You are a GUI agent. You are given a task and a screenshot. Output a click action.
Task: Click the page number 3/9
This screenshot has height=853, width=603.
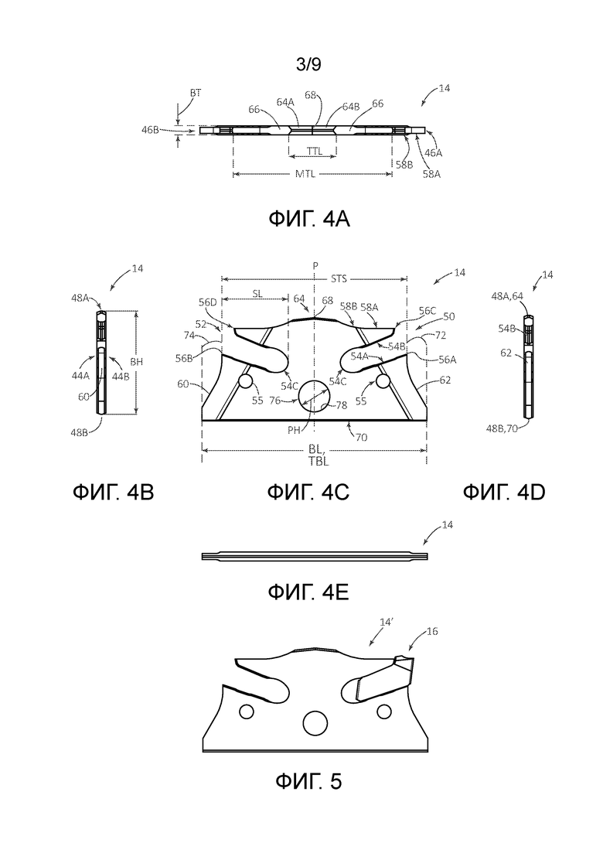pyautogui.click(x=308, y=65)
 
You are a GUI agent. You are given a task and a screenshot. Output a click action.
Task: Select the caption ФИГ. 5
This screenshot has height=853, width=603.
pyautogui.click(x=308, y=781)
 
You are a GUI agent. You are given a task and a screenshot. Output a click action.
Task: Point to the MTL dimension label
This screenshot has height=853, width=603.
pyautogui.click(x=306, y=174)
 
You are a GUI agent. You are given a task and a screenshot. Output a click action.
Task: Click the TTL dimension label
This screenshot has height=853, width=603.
pyautogui.click(x=314, y=152)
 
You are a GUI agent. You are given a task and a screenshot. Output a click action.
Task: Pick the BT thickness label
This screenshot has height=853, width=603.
pyautogui.click(x=195, y=93)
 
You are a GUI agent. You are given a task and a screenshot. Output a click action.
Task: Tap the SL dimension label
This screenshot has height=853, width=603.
pyautogui.click(x=257, y=294)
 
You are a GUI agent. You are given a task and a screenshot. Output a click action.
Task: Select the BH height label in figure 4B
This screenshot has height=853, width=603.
pyautogui.click(x=137, y=361)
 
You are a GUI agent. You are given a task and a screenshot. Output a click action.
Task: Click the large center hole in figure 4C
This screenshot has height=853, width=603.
pyautogui.click(x=314, y=396)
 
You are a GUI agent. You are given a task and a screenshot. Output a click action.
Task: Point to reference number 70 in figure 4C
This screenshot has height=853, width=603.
pyautogui.click(x=361, y=437)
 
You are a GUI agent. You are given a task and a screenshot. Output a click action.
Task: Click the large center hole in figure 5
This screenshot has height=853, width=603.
pyautogui.click(x=314, y=723)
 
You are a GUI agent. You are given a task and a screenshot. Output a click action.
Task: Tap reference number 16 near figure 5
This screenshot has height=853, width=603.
pyautogui.click(x=432, y=631)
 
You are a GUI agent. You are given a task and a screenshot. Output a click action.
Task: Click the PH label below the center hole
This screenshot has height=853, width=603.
pyautogui.click(x=295, y=429)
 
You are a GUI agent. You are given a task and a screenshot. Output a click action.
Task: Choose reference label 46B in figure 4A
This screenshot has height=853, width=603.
pyautogui.click(x=149, y=129)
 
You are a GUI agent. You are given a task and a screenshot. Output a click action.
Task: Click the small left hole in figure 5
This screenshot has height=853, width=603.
pyautogui.click(x=247, y=711)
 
